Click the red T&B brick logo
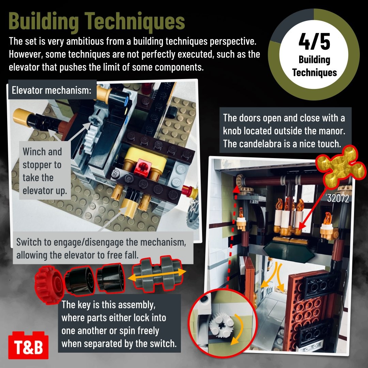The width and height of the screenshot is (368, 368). [x=28, y=345]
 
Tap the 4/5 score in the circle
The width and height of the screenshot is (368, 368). [x=314, y=42]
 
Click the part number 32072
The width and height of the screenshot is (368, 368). [x=338, y=199]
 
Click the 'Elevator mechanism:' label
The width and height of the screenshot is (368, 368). [x=52, y=90]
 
